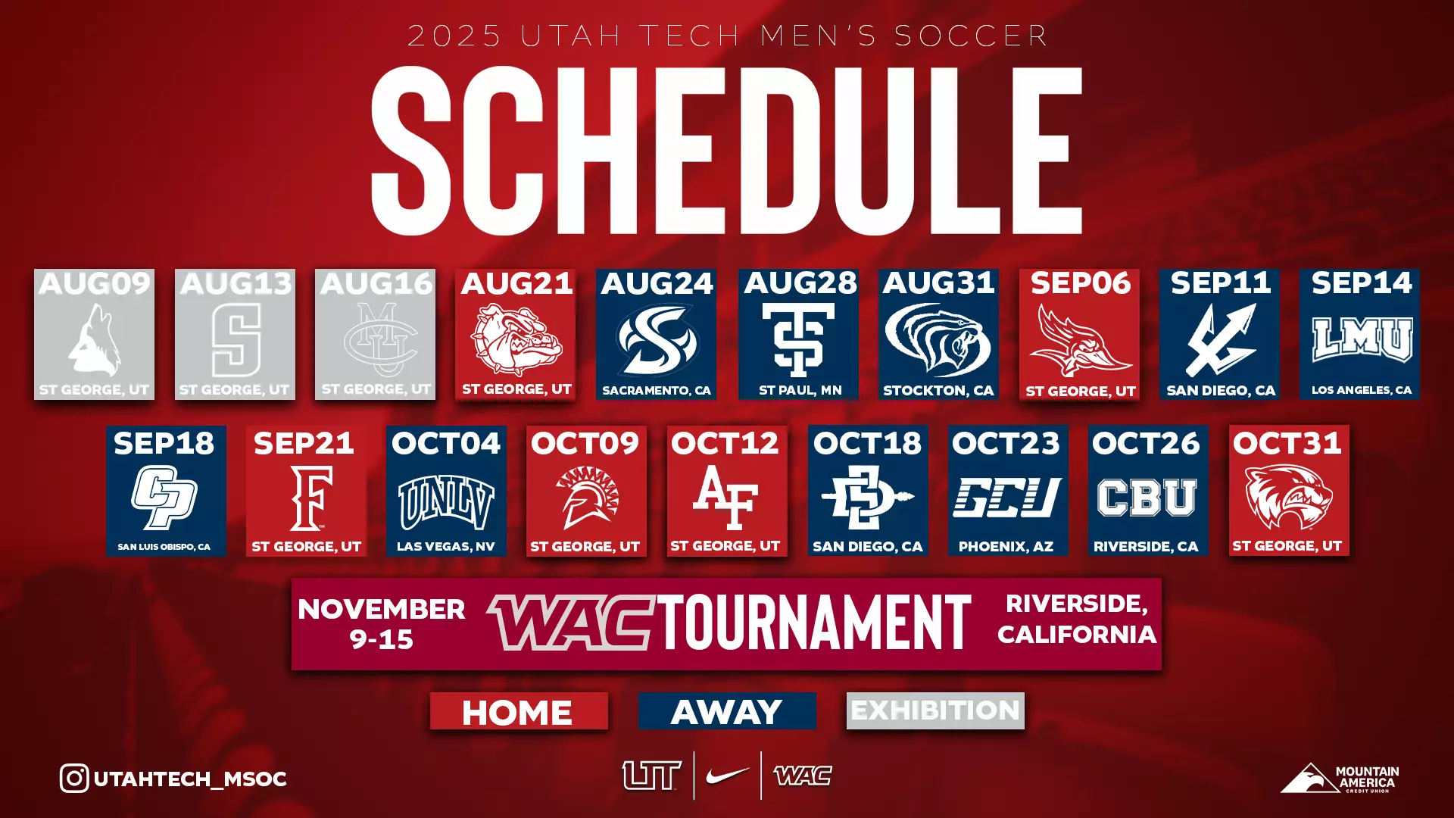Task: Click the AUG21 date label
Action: coord(516,284)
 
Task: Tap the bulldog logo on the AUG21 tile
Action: coord(516,339)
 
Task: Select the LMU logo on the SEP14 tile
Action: coord(1361,339)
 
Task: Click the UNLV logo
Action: coord(446,501)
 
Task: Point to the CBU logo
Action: coord(1147,498)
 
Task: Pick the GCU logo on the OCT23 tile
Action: coord(1006,498)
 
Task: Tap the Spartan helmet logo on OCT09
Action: coord(587,497)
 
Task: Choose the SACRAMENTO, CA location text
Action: coord(657,391)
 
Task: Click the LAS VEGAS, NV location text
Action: coord(446,547)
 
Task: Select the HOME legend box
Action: coord(519,712)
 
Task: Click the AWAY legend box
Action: coord(727,712)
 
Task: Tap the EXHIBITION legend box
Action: coord(935,710)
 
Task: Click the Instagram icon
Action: coord(74,779)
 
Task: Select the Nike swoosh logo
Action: coord(727,776)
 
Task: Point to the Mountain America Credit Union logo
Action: coord(1339,779)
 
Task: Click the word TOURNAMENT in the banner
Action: coord(813,623)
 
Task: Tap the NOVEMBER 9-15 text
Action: coord(382,623)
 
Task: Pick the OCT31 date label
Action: coord(1287,443)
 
